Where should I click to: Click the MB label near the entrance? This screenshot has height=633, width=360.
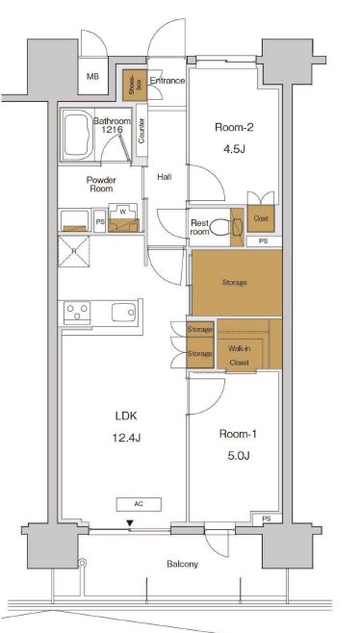(92, 77)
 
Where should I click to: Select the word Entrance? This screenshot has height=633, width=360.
(167, 81)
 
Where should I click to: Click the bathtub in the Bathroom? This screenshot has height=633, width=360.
(78, 134)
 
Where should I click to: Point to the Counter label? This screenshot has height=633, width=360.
(141, 131)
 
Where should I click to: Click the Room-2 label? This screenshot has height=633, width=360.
(234, 128)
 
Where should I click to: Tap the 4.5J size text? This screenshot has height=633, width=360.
(234, 149)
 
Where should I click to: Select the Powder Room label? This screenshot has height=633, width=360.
(101, 185)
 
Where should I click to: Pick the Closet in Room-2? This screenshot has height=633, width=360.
(261, 218)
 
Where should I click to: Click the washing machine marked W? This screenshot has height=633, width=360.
(123, 218)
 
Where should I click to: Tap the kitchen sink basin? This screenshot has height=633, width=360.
(124, 313)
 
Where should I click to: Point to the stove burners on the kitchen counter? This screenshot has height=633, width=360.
(77, 313)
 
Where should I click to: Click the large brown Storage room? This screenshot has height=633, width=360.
(237, 283)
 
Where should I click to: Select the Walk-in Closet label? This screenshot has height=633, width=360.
(239, 355)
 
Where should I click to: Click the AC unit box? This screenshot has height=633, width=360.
(139, 504)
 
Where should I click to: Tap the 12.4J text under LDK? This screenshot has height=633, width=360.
(126, 438)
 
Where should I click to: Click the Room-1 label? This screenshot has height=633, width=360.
(239, 435)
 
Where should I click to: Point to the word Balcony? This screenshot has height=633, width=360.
(183, 564)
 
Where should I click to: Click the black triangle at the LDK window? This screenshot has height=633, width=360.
(129, 523)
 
